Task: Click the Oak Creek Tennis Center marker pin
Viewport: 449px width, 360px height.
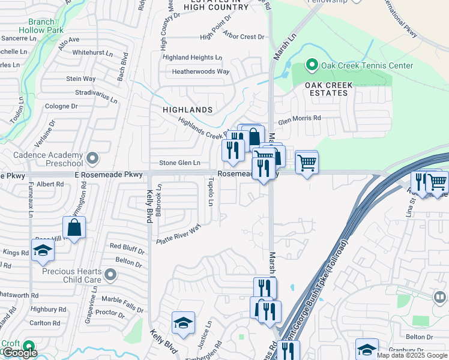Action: point(312,65)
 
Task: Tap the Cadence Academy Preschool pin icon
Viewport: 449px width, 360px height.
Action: point(92,158)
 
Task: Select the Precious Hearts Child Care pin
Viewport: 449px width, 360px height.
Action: point(110,275)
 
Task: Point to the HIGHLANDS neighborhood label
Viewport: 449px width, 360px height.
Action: point(188,110)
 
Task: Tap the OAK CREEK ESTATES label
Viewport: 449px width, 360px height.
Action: point(329,89)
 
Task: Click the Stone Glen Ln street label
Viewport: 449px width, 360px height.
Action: point(179,163)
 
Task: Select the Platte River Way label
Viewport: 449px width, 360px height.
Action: point(178,234)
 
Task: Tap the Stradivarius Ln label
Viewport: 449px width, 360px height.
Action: point(95,93)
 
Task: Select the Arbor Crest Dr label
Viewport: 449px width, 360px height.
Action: point(244,37)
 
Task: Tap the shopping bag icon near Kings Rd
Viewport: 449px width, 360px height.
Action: point(74,228)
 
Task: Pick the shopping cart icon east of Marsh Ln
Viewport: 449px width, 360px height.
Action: point(307,162)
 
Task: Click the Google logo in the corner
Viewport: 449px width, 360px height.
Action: point(20,353)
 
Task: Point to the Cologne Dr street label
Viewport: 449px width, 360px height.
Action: point(62,106)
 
